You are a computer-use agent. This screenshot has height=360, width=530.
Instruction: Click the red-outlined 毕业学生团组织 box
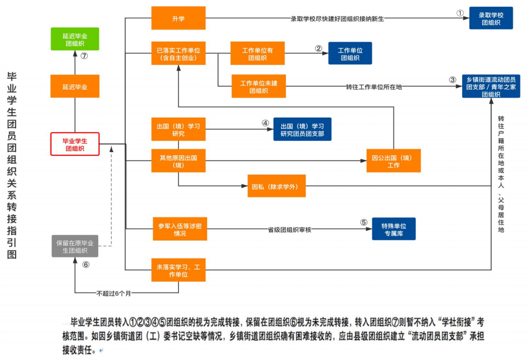(75, 144)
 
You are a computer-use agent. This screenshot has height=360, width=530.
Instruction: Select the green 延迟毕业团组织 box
(75, 39)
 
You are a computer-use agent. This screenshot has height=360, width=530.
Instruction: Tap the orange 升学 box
(178, 18)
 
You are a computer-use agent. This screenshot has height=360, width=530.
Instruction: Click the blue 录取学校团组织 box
(491, 18)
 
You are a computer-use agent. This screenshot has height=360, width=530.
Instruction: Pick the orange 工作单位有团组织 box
(257, 53)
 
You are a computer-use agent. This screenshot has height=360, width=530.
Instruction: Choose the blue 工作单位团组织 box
(350, 53)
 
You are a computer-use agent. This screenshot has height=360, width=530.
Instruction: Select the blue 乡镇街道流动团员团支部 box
(491, 87)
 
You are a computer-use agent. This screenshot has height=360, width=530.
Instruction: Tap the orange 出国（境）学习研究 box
(178, 129)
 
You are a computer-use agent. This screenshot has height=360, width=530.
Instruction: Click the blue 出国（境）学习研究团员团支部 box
(302, 129)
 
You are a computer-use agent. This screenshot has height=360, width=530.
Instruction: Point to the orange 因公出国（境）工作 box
(393, 161)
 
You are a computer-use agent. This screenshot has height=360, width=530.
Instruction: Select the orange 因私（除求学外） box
(276, 187)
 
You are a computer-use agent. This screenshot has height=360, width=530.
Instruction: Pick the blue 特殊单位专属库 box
(393, 229)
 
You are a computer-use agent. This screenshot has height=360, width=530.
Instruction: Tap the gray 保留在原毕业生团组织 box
(75, 246)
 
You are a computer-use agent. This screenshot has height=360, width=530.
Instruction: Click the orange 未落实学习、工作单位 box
(178, 270)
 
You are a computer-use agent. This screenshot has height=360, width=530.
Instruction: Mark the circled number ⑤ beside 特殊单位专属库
(364, 222)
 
